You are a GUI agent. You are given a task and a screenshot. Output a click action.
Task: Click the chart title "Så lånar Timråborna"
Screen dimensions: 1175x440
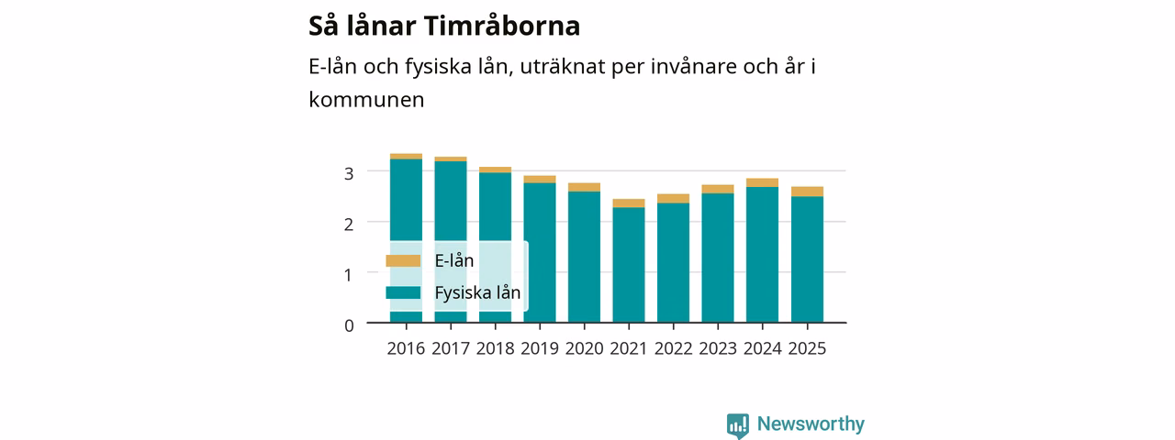pos(444,26)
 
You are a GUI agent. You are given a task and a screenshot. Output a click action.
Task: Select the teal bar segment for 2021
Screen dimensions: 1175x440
pos(629,265)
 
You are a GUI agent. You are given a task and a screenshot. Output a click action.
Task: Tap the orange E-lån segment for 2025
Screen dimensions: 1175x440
pos(807,192)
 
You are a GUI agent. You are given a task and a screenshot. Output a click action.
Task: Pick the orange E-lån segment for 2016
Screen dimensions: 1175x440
pos(406,156)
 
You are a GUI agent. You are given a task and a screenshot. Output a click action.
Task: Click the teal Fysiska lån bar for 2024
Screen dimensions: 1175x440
pos(763,255)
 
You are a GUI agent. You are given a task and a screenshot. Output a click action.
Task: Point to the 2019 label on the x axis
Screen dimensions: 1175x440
pos(540,348)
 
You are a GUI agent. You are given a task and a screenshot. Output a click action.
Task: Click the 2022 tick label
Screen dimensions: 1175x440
pos(674,348)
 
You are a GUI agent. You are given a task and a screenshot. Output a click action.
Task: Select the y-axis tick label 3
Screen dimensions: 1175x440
pos(349,173)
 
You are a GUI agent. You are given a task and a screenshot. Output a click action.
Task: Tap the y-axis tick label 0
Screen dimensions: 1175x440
pos(349,325)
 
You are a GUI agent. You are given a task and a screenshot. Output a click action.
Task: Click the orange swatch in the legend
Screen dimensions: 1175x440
pos(403,261)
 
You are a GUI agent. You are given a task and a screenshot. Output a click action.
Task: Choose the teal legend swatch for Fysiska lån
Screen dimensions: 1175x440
pos(403,292)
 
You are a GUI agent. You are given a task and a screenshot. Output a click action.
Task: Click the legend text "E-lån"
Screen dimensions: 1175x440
pos(454,261)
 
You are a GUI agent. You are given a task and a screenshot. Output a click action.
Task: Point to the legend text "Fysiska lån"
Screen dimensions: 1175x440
pos(478,292)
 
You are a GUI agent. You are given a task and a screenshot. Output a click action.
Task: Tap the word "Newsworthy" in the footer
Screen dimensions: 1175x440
pos(811,423)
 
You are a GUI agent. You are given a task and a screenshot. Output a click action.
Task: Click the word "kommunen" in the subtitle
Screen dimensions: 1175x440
pos(366,100)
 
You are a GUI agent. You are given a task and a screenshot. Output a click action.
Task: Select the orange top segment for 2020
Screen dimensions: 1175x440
pos(585,188)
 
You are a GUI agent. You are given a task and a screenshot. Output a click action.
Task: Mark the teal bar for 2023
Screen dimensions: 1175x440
pos(718,258)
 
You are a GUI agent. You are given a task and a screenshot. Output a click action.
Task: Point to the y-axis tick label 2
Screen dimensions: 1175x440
pos(349,225)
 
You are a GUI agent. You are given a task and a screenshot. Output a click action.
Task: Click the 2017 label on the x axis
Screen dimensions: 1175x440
pos(451,348)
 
